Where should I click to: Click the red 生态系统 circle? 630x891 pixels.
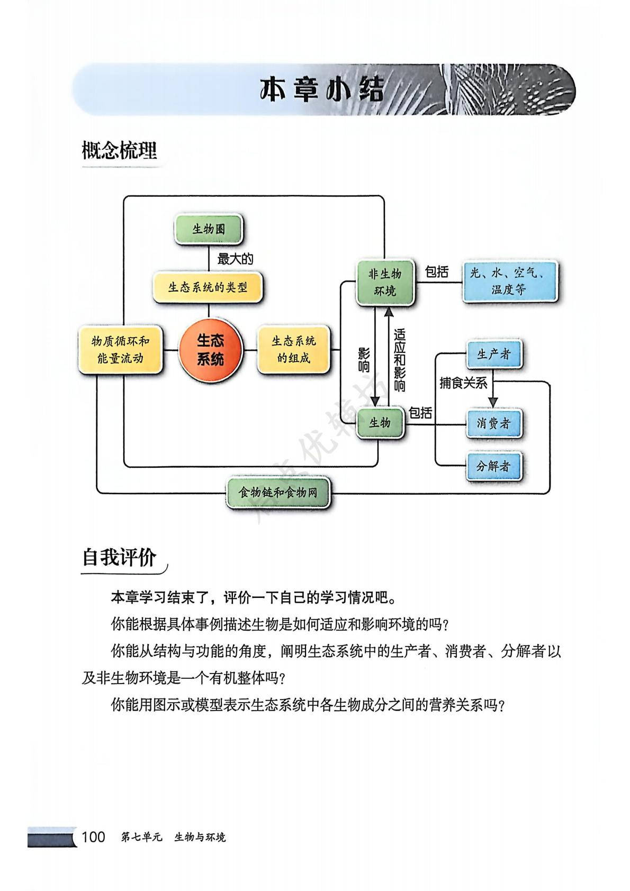coord(210,349)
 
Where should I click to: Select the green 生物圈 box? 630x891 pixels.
coord(209,229)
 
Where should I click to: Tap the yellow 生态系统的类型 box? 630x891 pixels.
coord(208,287)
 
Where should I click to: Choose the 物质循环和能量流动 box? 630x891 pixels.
coord(120,350)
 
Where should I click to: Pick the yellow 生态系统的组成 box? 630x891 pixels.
coord(293,350)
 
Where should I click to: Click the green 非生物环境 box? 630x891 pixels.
coord(385,283)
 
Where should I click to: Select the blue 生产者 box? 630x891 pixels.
coord(493,354)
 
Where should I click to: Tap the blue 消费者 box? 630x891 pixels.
coord(493,423)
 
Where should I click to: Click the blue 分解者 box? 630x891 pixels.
coord(493,466)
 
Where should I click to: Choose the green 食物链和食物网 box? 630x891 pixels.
coord(278,493)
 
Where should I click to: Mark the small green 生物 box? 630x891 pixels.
coord(380,423)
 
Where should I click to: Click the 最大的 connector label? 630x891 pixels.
coord(235,259)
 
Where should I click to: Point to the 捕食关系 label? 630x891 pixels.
coord(463,383)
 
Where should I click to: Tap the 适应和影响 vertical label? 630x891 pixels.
coord(400,360)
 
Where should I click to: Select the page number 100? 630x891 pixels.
coord(93,837)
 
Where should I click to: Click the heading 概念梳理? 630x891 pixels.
coord(120,151)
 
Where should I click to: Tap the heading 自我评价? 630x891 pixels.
coord(120,558)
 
